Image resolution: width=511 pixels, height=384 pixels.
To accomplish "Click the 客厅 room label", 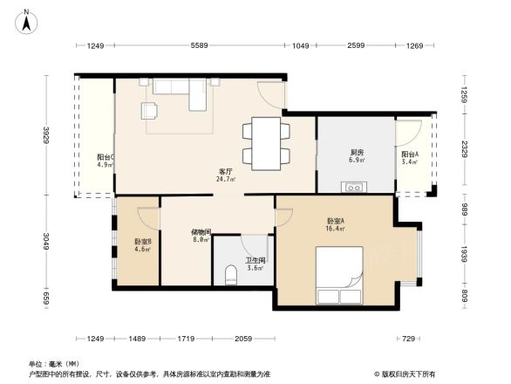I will [x=225, y=171].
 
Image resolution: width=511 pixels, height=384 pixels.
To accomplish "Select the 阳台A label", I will [x=409, y=154].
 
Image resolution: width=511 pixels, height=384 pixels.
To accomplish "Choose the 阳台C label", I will [x=105, y=157].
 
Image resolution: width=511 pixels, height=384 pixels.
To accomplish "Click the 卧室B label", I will [x=142, y=241].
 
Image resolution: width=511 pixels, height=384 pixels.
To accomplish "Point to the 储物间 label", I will [x=201, y=233].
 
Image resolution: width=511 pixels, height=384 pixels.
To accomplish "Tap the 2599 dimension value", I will [x=356, y=45].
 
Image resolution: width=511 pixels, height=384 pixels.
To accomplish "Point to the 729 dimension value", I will [x=407, y=339].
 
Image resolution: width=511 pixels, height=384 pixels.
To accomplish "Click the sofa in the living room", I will [x=179, y=93].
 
